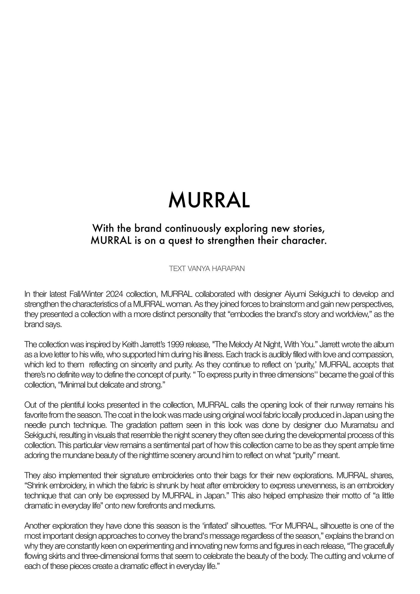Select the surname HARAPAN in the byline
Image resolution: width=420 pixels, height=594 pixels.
[x=228, y=268]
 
